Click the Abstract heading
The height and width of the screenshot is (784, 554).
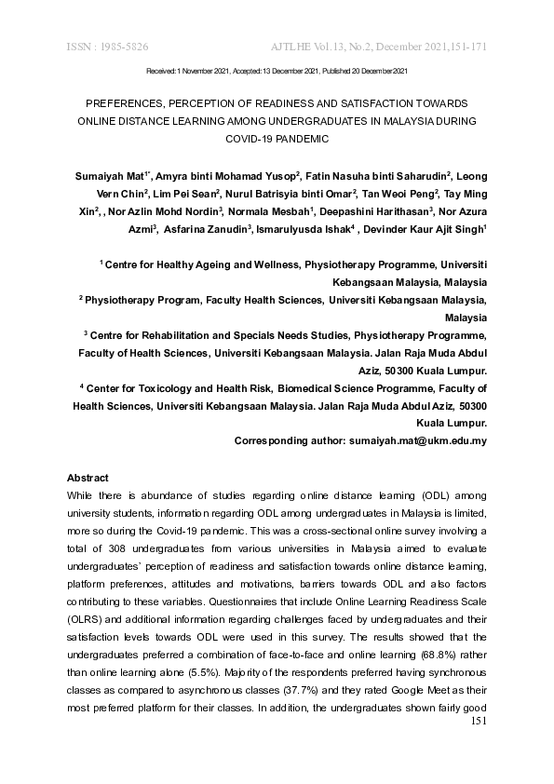point(88,478)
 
